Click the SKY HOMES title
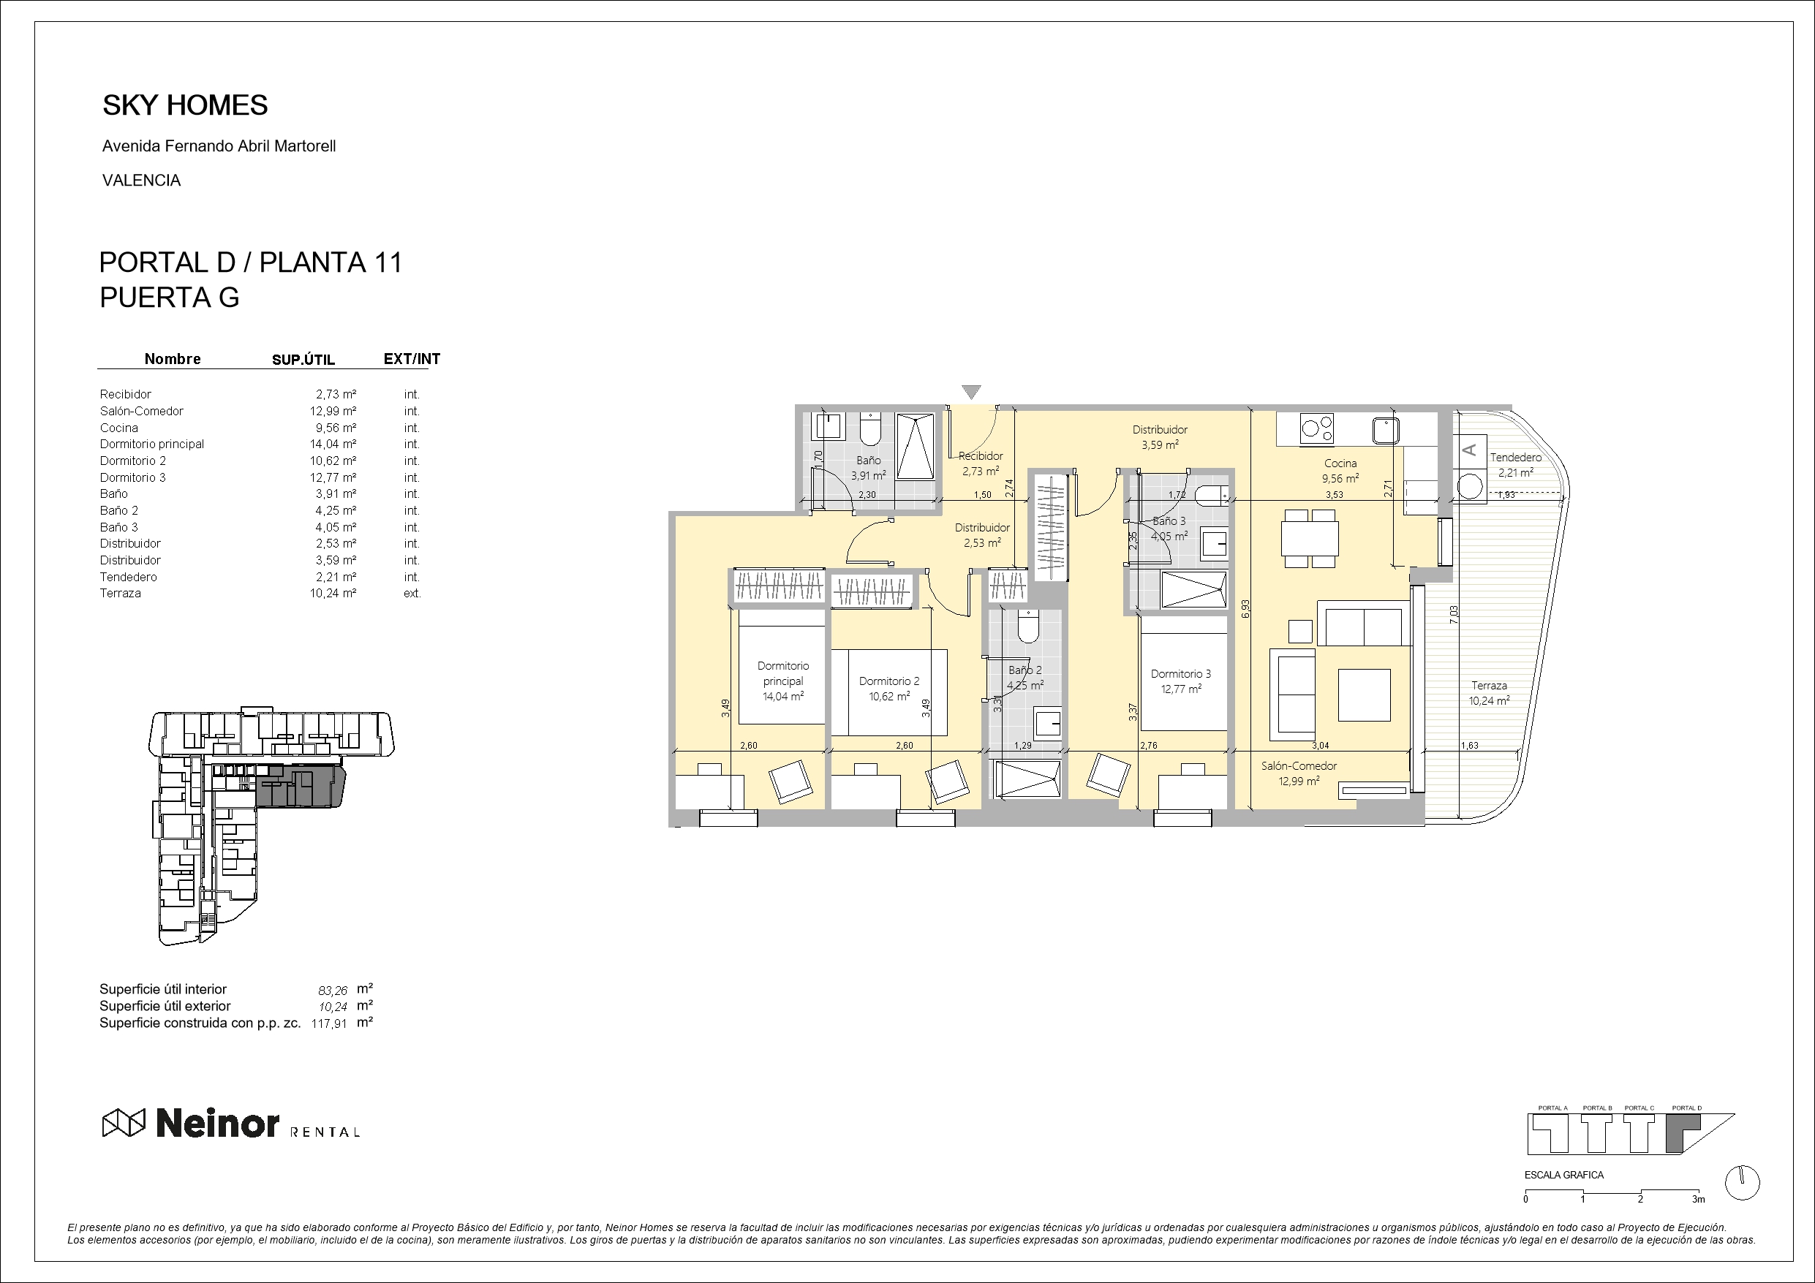(x=185, y=105)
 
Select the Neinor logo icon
(x=124, y=1122)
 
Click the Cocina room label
(x=1340, y=463)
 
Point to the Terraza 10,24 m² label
(x=1489, y=692)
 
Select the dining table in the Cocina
(x=1310, y=538)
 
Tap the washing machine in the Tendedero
(x=1471, y=485)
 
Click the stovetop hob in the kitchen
(x=1316, y=429)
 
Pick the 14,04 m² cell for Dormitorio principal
(x=333, y=444)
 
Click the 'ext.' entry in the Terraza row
(x=412, y=593)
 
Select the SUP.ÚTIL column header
(x=303, y=360)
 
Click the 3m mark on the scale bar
(x=1698, y=1199)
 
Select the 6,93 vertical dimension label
(x=1246, y=609)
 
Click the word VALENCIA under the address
(x=142, y=181)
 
